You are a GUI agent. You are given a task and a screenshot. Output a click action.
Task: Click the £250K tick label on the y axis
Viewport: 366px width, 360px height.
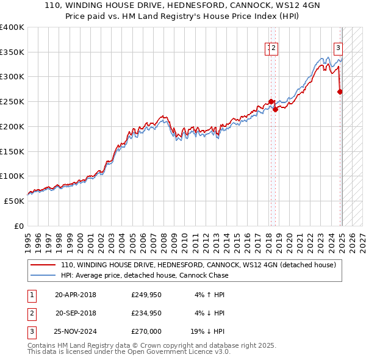click(x=12, y=102)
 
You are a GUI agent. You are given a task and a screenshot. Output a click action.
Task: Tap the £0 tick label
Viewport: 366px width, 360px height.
click(x=19, y=226)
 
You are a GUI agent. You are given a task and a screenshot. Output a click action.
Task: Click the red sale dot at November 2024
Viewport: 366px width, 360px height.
click(x=340, y=92)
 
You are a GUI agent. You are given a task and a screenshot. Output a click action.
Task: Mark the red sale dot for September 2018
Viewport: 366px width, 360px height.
click(x=275, y=109)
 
